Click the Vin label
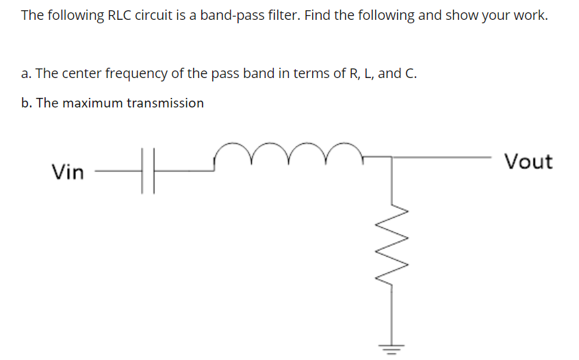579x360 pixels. [67, 172]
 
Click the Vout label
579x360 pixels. [528, 162]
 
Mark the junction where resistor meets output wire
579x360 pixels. [391, 157]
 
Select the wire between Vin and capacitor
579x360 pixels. [116, 172]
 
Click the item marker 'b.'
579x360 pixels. [27, 103]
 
